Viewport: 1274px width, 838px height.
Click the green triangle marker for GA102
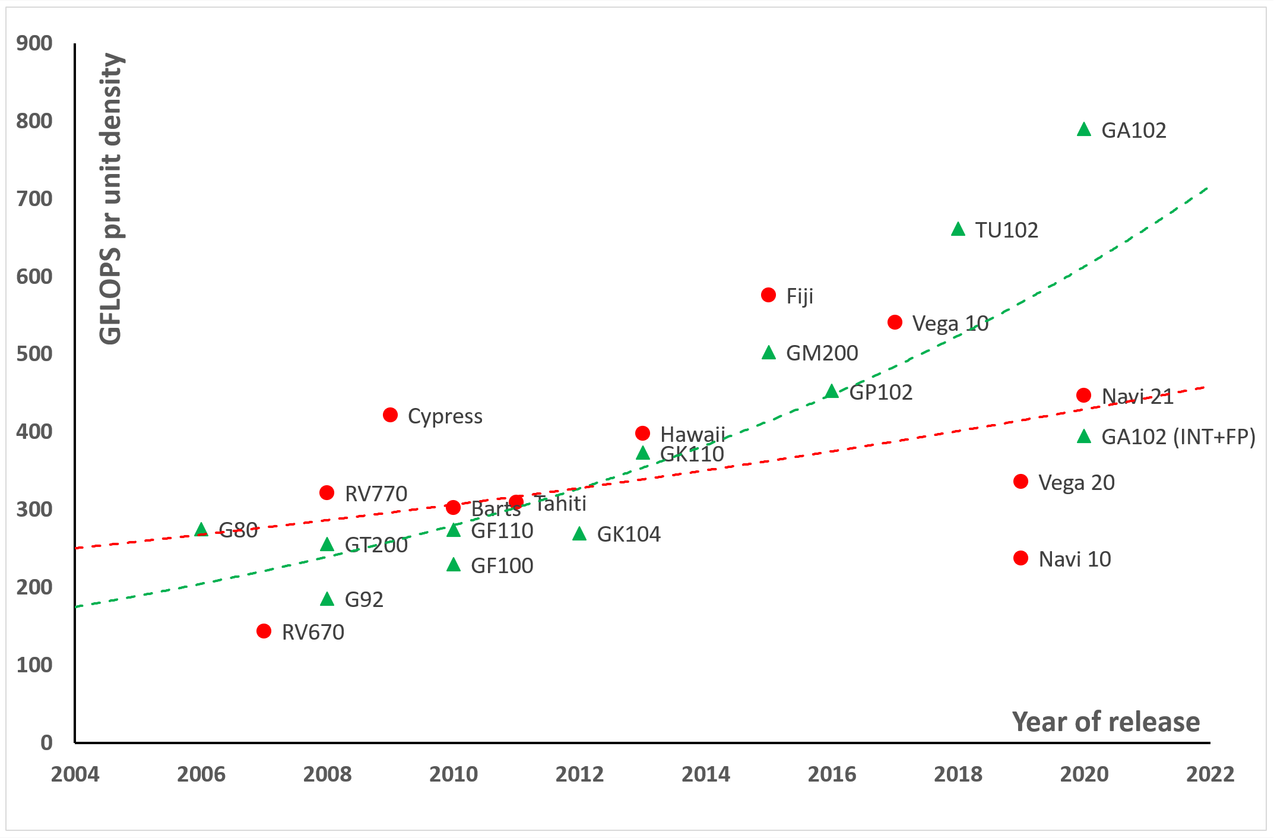coord(1084,129)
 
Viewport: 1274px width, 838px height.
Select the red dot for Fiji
coord(768,295)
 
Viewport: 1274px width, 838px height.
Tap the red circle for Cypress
coord(390,415)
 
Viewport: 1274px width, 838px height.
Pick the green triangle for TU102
coord(958,229)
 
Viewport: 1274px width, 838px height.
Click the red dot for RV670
coord(264,631)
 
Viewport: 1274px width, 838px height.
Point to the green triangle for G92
coord(327,599)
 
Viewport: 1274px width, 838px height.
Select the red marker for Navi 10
coord(1021,558)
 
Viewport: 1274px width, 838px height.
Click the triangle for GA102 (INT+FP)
coord(1084,437)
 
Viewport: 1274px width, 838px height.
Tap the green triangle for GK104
coord(579,534)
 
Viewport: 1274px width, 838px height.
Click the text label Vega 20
coord(1076,482)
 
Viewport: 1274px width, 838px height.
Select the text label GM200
coord(822,353)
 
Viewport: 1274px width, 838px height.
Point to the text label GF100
coord(502,565)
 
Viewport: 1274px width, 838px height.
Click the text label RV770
coord(376,494)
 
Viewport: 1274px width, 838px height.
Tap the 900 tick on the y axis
coord(34,43)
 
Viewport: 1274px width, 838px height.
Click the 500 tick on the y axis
coord(34,354)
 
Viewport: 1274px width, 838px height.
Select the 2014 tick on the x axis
coord(705,774)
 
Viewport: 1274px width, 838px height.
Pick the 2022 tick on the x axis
coord(1210,774)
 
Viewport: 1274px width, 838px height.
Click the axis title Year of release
coord(1105,722)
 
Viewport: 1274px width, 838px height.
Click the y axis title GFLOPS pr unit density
coord(111,199)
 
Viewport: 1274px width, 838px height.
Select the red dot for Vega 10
coord(895,322)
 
